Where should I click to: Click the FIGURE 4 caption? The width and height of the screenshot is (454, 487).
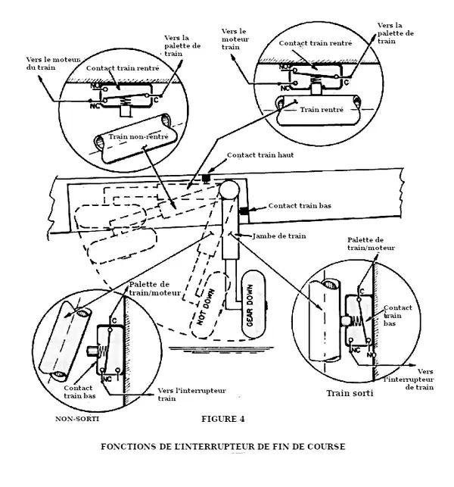(222, 419)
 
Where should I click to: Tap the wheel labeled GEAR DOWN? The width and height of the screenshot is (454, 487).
(253, 304)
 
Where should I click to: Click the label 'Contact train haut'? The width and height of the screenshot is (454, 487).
(260, 155)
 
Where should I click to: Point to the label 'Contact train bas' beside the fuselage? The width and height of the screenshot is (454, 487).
(300, 205)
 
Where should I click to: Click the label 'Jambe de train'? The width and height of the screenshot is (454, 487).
(279, 236)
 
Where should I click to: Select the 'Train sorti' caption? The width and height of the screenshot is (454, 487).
(350, 393)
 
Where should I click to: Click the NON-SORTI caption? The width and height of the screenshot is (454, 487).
(77, 419)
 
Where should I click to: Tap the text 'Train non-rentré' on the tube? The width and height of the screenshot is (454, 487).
(138, 136)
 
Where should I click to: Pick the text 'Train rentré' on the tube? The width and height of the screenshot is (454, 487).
(322, 110)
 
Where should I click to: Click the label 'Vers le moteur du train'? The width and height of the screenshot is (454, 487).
(53, 64)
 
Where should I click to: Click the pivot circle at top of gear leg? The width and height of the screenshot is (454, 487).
(229, 190)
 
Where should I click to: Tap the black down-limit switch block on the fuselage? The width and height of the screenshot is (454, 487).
(244, 211)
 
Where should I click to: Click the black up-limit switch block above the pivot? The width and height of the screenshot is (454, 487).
(205, 178)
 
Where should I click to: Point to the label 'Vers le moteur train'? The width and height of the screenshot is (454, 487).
(235, 39)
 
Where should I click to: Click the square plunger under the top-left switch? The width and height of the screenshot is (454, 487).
(125, 111)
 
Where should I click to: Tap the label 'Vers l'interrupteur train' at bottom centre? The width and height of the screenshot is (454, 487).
(191, 395)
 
